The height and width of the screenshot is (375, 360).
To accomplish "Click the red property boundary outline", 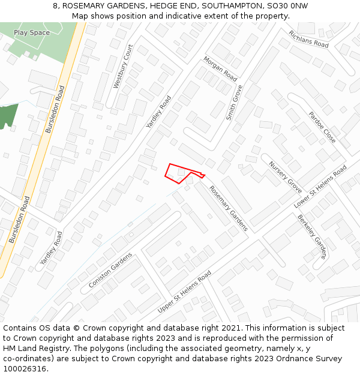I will [x=178, y=172].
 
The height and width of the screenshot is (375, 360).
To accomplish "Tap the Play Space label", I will [x=32, y=33].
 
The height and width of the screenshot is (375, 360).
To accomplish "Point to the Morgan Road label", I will [x=220, y=69].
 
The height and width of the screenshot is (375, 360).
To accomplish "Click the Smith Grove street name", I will [x=235, y=103].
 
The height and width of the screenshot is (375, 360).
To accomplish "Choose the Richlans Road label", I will [x=308, y=40].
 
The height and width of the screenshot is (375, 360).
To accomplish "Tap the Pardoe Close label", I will [x=322, y=127].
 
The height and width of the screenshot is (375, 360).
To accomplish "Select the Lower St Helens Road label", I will [x=320, y=187].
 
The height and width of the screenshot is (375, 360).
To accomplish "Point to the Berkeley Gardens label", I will [x=312, y=236].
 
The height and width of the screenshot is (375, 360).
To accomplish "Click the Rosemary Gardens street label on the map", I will [x=228, y=208].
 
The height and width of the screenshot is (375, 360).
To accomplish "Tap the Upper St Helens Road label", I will [x=184, y=292].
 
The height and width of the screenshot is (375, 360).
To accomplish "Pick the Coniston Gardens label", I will [x=110, y=270].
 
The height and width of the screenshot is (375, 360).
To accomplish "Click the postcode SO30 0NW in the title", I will [x=289, y=6].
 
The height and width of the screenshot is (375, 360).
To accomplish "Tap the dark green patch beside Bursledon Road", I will [x=8, y=115].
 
